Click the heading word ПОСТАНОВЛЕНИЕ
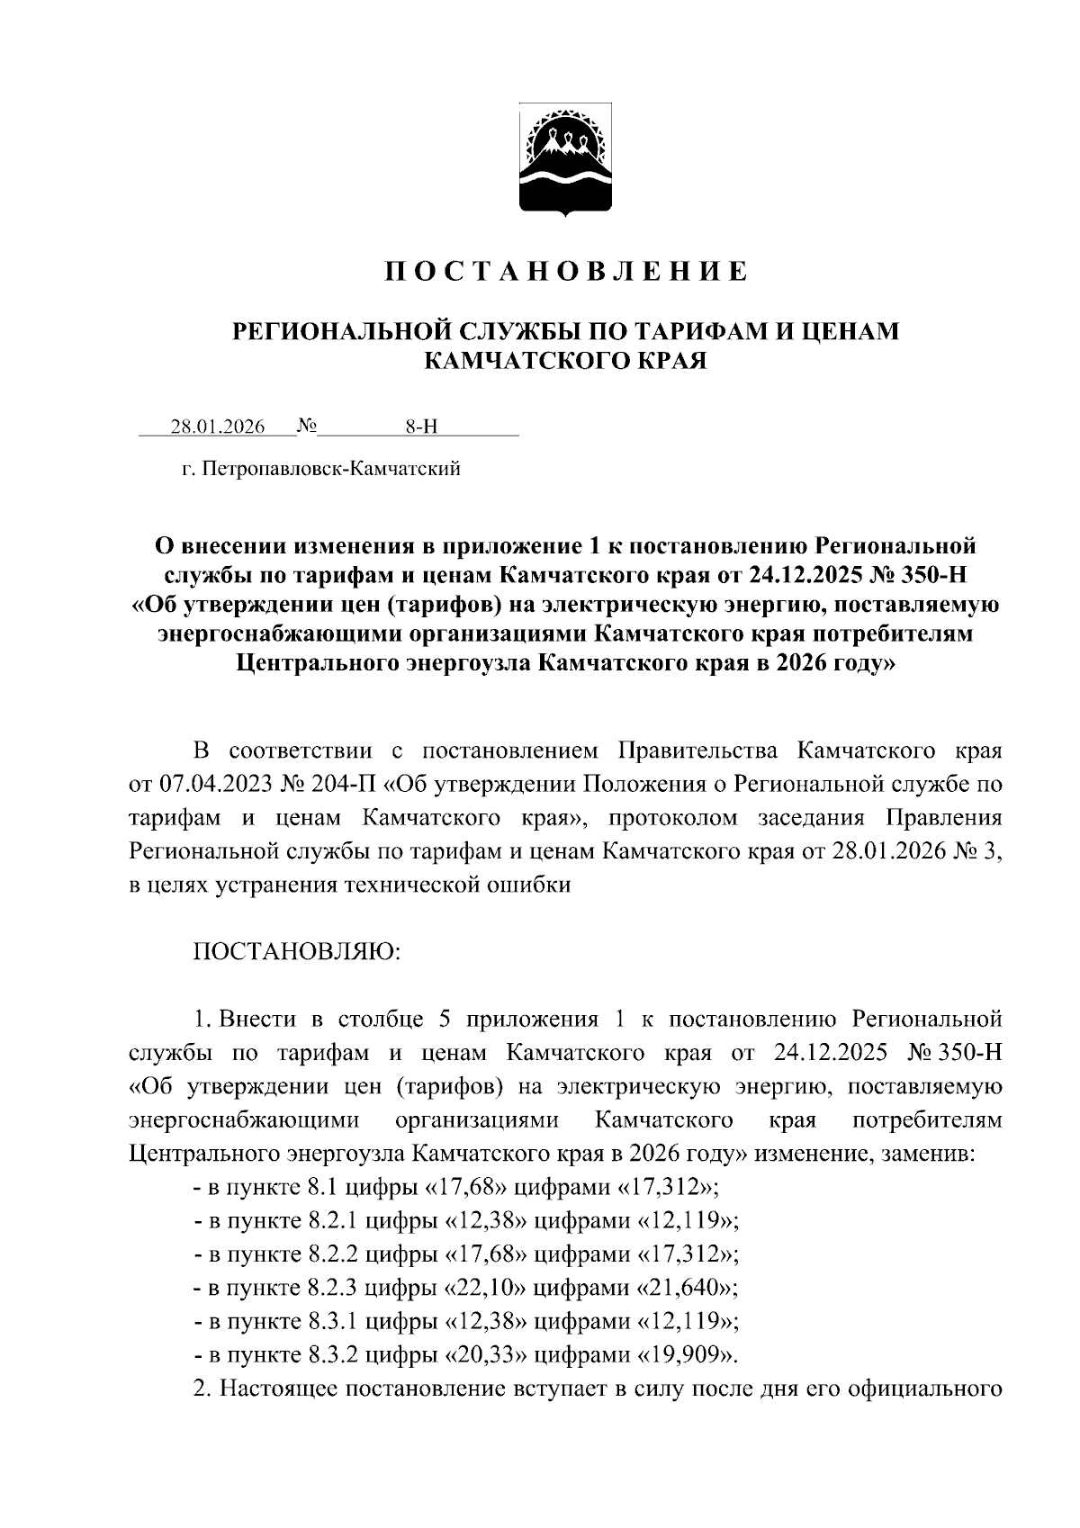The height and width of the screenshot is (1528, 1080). pyautogui.click(x=566, y=271)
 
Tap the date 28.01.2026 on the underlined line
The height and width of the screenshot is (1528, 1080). pyautogui.click(x=218, y=427)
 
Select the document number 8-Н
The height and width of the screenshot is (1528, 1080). pyautogui.click(x=420, y=427)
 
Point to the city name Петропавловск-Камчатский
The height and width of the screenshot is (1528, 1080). pyautogui.click(x=332, y=469)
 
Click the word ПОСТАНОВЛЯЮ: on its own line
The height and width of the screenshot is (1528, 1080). pyautogui.click(x=297, y=952)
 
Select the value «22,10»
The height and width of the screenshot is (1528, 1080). pyautogui.click(x=486, y=1288)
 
